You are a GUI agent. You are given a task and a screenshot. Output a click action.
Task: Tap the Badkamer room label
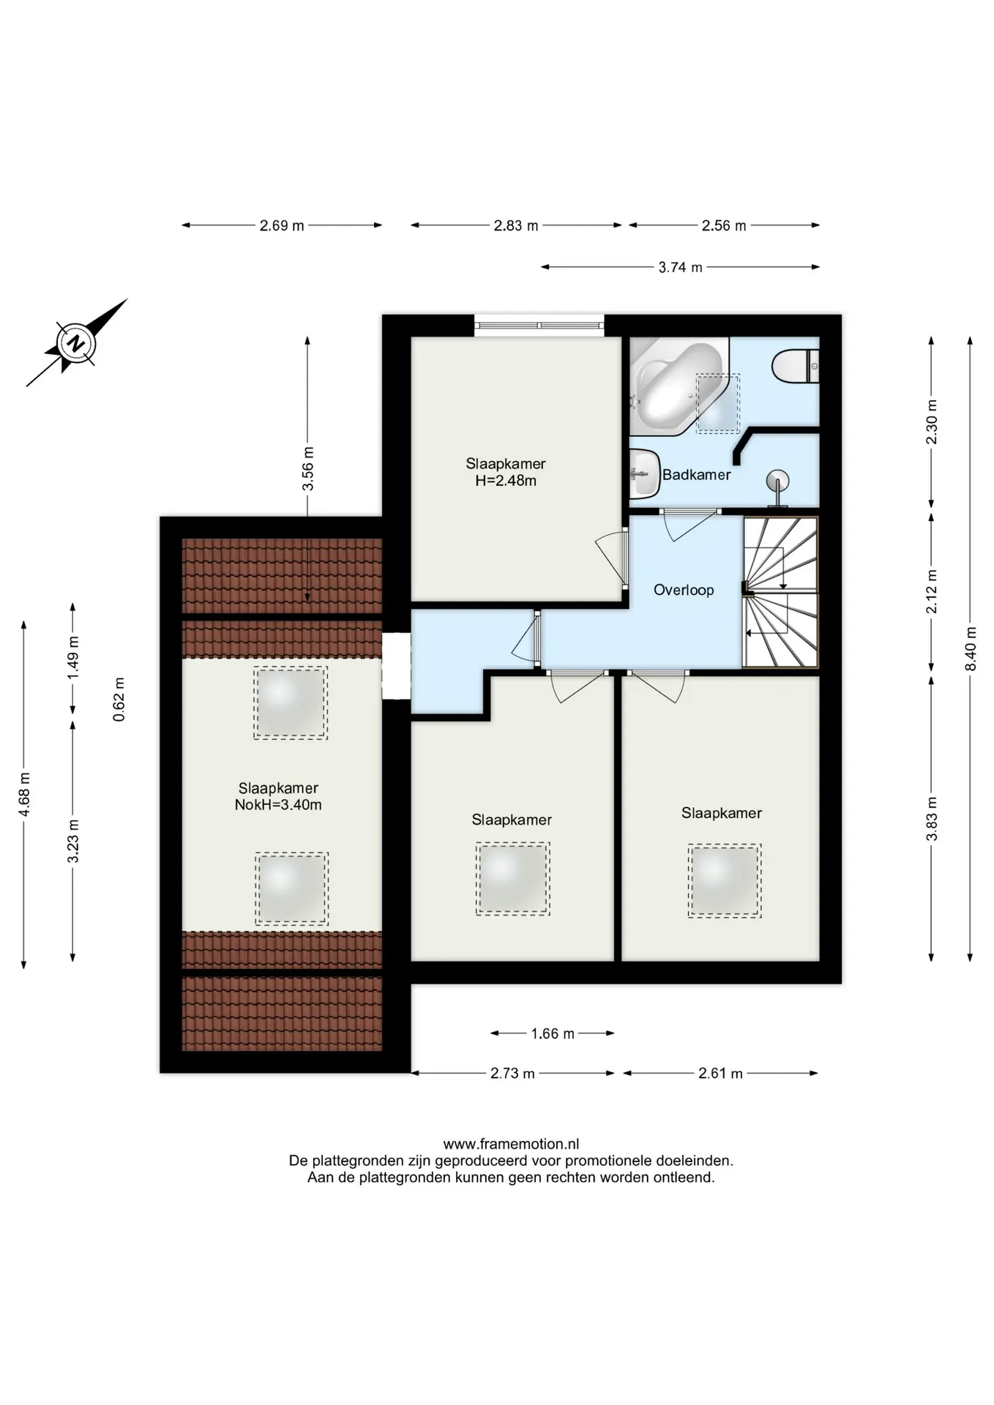pyautogui.click(x=696, y=474)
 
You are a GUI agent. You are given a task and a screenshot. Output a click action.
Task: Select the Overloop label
pyautogui.click(x=684, y=590)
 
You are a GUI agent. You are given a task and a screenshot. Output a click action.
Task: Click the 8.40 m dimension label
pyautogui.click(x=971, y=648)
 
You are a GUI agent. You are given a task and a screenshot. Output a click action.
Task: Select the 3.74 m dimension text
pyautogui.click(x=680, y=267)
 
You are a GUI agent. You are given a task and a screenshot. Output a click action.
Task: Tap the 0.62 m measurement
pyautogui.click(x=119, y=700)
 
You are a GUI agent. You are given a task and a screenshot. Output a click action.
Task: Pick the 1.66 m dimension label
pyautogui.click(x=553, y=1033)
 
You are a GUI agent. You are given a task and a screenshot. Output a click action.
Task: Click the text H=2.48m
pyautogui.click(x=506, y=481)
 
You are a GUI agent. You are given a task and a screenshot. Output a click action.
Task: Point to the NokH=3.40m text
pyautogui.click(x=278, y=805)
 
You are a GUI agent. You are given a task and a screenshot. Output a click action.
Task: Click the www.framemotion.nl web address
pyautogui.click(x=511, y=1144)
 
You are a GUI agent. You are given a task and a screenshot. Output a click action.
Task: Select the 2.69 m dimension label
pyautogui.click(x=282, y=225)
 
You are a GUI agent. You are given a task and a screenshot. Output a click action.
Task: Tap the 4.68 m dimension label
pyautogui.click(x=24, y=795)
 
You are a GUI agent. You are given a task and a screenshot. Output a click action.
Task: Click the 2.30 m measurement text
pyautogui.click(x=932, y=422)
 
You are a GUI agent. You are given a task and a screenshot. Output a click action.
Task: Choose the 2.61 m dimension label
pyautogui.click(x=720, y=1074)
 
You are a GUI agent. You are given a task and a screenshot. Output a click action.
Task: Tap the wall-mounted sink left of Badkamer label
pyautogui.click(x=644, y=473)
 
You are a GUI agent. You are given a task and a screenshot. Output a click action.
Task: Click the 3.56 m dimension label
pyautogui.click(x=308, y=468)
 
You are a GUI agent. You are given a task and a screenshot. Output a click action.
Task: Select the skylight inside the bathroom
pyautogui.click(x=718, y=403)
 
